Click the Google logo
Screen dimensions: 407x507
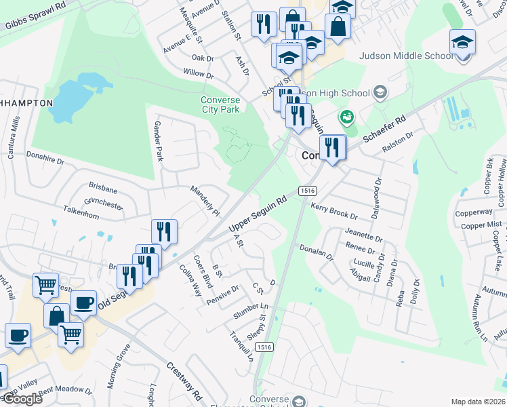tap(22, 399)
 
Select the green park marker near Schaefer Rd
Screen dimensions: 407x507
tap(347, 117)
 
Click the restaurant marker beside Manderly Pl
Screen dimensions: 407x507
tap(164, 232)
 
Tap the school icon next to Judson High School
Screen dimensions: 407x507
tap(380, 92)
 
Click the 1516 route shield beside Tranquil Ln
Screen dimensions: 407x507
tap(265, 347)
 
